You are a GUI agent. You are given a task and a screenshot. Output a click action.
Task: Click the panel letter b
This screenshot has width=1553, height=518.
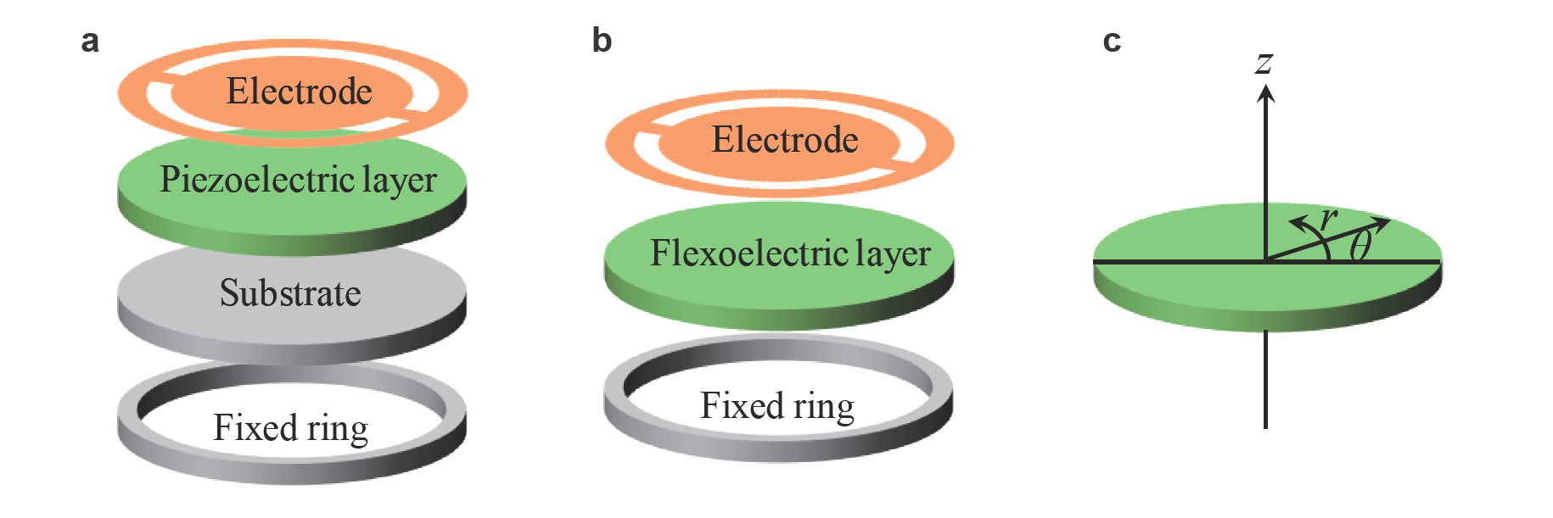tap(602, 41)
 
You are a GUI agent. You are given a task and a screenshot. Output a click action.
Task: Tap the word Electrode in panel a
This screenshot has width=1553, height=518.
tap(299, 92)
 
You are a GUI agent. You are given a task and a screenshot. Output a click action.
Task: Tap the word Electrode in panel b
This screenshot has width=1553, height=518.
tap(784, 140)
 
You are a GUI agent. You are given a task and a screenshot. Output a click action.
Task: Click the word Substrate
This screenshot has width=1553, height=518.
tap(290, 293)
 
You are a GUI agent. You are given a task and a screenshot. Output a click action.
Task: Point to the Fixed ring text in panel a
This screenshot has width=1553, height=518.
tap(290, 428)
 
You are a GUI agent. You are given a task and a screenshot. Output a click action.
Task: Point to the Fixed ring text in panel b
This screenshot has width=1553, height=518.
tap(776, 406)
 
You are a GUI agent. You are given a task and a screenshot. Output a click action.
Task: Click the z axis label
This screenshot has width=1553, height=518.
tap(1264, 63)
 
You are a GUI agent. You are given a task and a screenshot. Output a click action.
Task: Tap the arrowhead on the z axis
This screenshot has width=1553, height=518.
tap(1265, 94)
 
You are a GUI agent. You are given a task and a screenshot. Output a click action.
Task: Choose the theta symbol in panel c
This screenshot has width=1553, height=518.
tap(1361, 246)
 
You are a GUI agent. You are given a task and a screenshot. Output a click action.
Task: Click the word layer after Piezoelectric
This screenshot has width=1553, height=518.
tap(399, 181)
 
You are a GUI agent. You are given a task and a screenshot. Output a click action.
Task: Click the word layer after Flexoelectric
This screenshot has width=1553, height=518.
tap(893, 253)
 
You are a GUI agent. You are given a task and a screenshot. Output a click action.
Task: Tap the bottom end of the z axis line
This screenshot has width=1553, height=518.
tap(1265, 426)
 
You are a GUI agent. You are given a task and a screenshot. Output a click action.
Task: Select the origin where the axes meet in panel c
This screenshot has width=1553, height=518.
tap(1265, 260)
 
